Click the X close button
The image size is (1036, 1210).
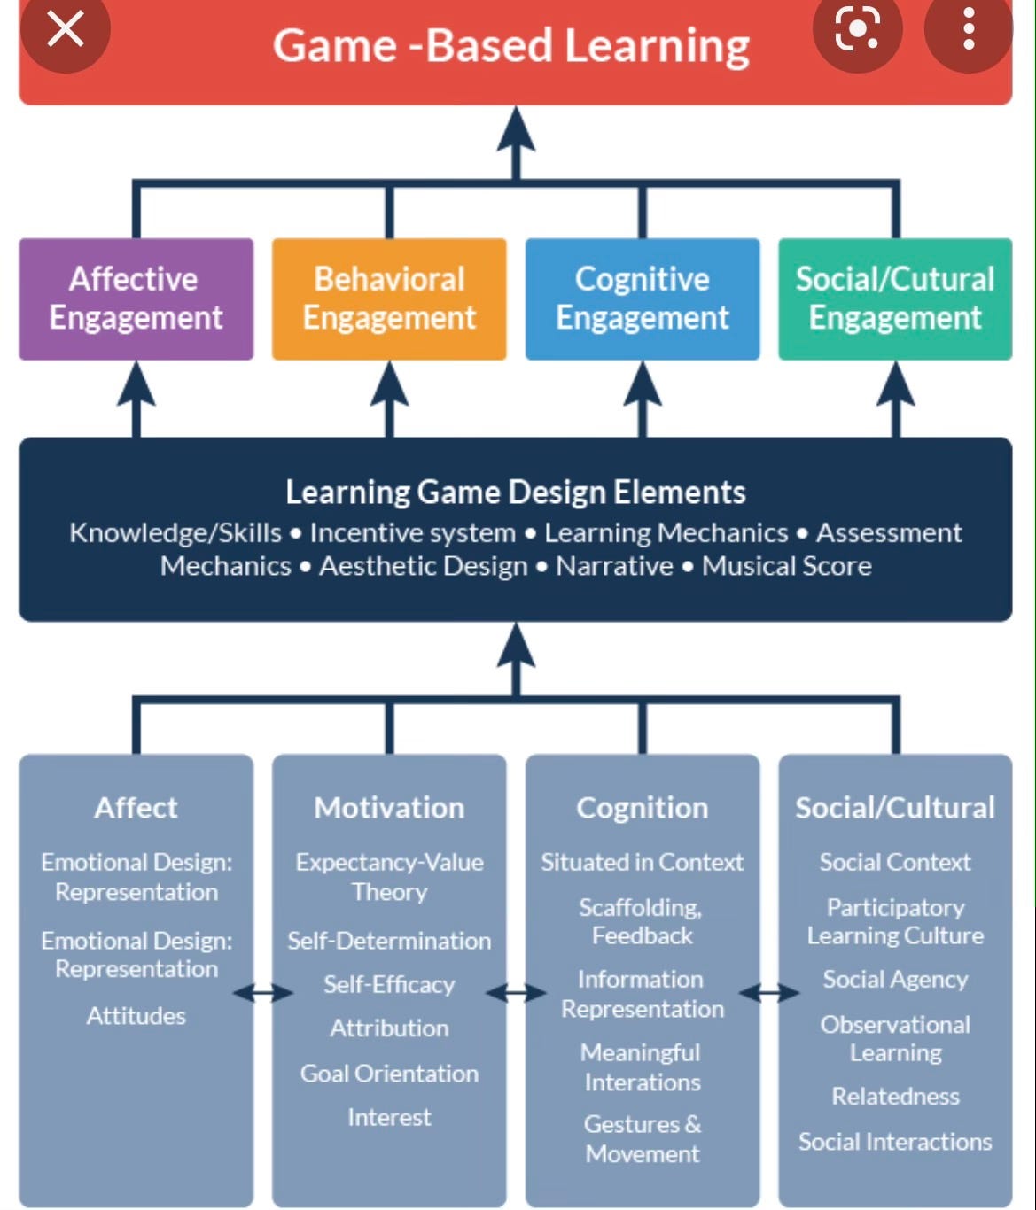click(65, 28)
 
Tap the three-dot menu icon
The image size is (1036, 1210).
click(969, 28)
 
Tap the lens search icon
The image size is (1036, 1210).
click(857, 28)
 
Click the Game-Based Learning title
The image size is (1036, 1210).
click(510, 46)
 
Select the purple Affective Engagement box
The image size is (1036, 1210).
click(136, 299)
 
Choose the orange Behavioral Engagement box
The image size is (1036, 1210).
click(389, 299)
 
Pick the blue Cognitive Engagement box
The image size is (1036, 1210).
click(642, 299)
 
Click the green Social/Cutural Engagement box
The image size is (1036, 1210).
click(895, 299)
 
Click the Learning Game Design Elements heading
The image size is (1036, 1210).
click(515, 492)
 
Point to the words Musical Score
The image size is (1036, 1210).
click(786, 566)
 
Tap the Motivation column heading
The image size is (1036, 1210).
click(389, 807)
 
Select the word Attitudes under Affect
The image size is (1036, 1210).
click(136, 1015)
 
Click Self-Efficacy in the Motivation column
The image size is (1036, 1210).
click(389, 984)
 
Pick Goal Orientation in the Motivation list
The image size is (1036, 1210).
click(389, 1073)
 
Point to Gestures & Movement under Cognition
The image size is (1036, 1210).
click(642, 1138)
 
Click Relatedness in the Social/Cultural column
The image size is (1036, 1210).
click(895, 1096)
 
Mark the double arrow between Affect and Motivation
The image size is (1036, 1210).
click(262, 994)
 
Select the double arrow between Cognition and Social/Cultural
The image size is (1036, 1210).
click(768, 994)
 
